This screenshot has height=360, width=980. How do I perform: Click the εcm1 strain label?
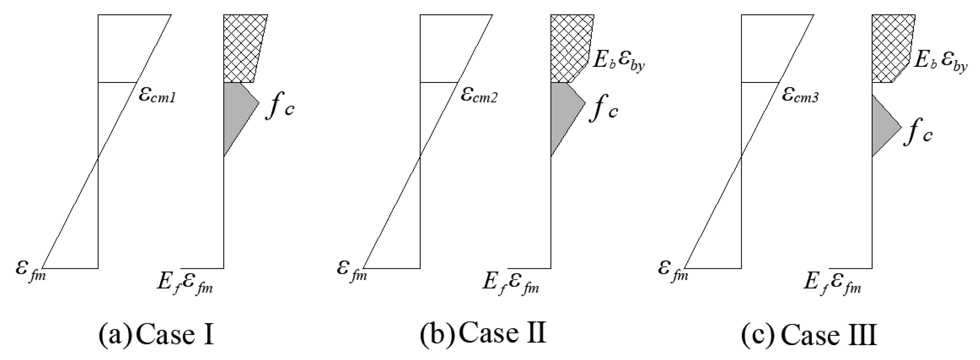[157, 96]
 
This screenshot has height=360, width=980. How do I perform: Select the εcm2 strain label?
[479, 96]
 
